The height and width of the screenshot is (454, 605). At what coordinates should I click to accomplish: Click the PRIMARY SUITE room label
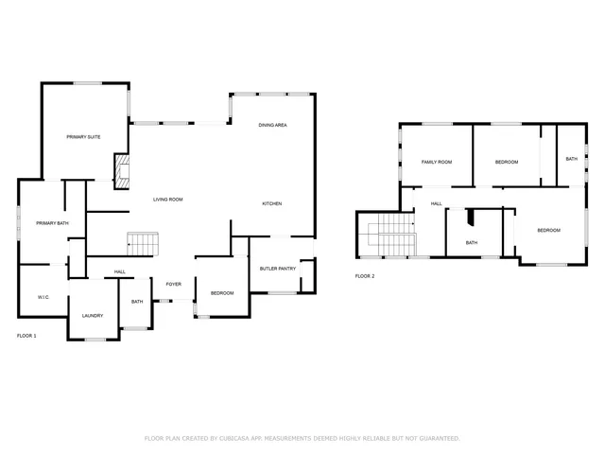tap(83, 137)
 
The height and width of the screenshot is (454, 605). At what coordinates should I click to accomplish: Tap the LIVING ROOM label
tap(168, 200)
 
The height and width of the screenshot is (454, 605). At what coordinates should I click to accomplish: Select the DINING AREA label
tap(273, 125)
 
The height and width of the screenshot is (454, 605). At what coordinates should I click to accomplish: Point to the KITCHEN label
tap(272, 204)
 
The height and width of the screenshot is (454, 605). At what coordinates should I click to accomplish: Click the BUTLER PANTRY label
tap(277, 270)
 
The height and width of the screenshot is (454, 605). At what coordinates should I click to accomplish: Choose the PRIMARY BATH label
tap(52, 223)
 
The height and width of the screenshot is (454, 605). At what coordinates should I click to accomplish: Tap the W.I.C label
tap(43, 297)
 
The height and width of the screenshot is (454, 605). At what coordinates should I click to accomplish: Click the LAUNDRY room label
tap(92, 315)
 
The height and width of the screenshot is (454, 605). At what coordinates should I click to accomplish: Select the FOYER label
tap(174, 284)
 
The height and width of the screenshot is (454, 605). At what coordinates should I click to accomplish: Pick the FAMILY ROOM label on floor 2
tap(436, 162)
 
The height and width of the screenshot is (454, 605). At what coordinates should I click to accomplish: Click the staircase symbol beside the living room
tap(140, 244)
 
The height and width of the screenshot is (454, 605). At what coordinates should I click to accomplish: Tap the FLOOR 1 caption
tap(26, 336)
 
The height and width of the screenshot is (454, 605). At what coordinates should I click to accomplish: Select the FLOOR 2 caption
tap(365, 276)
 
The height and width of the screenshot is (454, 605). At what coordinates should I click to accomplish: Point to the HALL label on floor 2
tap(437, 203)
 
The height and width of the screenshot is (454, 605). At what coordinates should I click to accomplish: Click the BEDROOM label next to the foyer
tap(222, 293)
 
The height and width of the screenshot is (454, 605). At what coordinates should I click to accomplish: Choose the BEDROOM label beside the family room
tap(507, 162)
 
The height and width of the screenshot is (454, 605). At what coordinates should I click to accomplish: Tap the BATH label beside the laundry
tap(137, 302)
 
